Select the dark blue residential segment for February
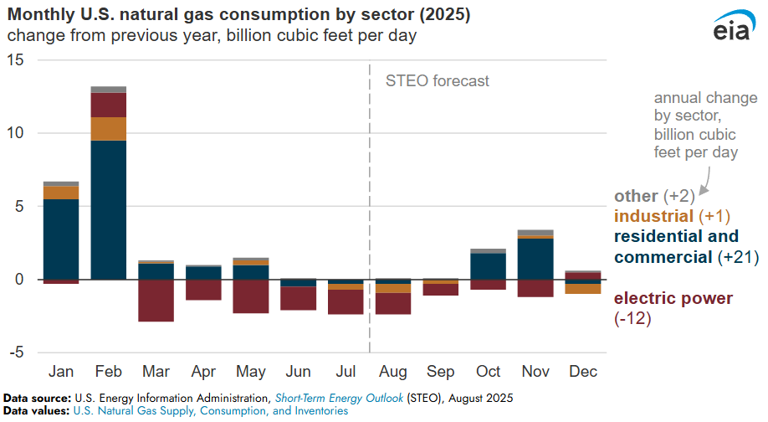click(109, 209)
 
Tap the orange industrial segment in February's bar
click(109, 128)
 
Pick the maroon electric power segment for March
click(156, 301)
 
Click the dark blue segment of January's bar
click(61, 239)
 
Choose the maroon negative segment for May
click(251, 296)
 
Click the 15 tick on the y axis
click(16, 60)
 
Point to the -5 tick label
click(16, 353)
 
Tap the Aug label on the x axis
click(393, 371)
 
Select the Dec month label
click(583, 371)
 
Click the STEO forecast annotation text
click(437, 81)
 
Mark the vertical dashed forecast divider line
click(370, 209)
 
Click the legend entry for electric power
click(673, 299)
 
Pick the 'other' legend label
click(636, 196)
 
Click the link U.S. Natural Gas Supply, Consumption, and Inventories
click(210, 411)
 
